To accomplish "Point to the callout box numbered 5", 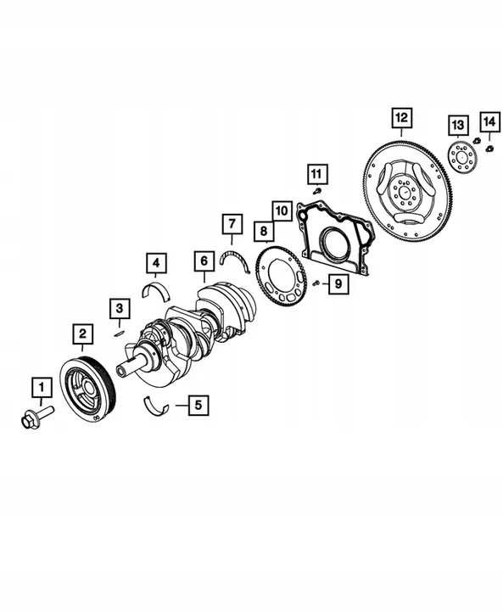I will pos(197,405).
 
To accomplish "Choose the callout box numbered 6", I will pos(203,260).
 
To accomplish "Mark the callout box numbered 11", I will pos(316,174).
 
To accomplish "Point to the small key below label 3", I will pos(120,333).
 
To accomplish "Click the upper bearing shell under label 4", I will pos(158,290).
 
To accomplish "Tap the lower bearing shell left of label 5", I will pos(157,406).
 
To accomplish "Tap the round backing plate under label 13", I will pos(461,157).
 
